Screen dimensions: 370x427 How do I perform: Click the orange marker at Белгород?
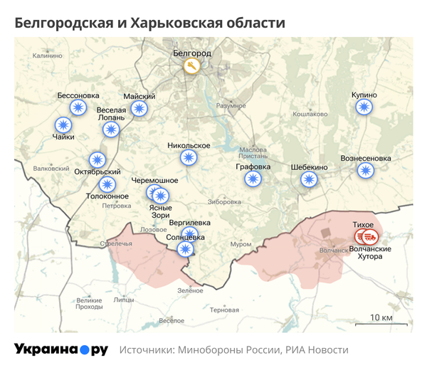(x=191, y=67)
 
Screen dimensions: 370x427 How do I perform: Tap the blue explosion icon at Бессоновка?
(x=78, y=107)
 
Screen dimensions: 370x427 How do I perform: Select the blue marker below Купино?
(x=364, y=107)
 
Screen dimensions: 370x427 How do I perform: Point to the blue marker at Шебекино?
(x=309, y=179)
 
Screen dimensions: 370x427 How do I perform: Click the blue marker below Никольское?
(x=189, y=157)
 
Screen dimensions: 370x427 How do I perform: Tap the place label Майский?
(x=139, y=96)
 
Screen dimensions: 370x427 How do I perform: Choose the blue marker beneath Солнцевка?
(x=185, y=248)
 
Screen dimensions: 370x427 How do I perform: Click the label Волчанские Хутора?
(x=370, y=253)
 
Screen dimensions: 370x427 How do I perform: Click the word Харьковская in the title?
(x=167, y=23)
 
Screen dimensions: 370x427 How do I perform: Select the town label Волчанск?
(x=333, y=250)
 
